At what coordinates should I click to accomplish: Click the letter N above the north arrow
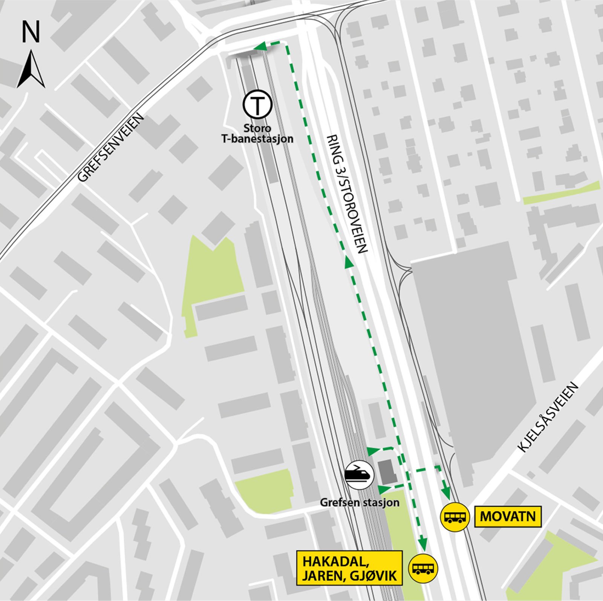(31, 32)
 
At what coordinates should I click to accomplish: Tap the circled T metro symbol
(257, 106)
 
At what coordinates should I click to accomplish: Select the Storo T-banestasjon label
(257, 134)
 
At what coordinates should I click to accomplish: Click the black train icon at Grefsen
(359, 475)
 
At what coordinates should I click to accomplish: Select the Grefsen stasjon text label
(359, 502)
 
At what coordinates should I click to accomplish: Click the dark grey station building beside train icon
(387, 472)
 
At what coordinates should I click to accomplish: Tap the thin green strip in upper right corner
(562, 193)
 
